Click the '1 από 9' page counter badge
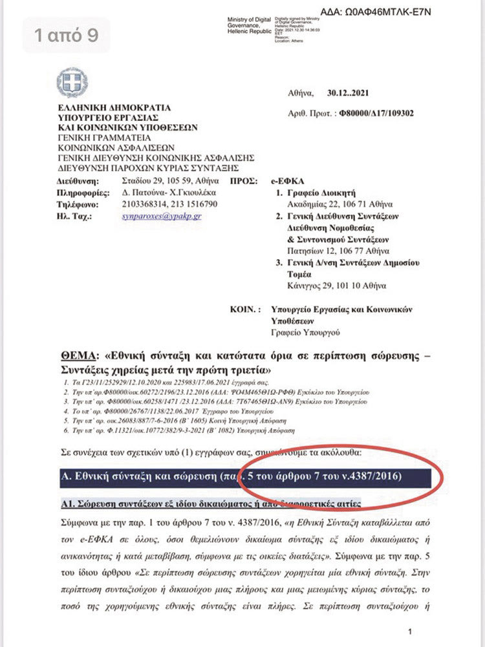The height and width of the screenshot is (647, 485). [67, 35]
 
